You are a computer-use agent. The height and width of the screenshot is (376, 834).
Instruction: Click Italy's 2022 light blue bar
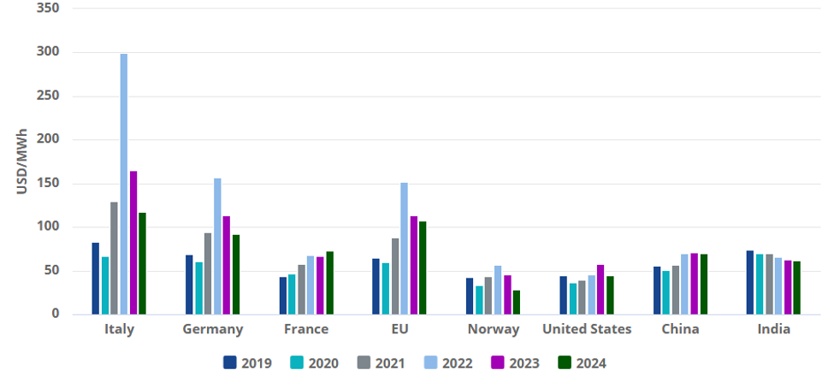124,184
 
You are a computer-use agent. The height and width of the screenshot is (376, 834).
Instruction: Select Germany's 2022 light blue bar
217,246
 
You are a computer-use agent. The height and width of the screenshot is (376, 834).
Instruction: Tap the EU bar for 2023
414,265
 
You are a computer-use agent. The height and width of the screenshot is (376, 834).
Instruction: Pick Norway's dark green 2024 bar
517,303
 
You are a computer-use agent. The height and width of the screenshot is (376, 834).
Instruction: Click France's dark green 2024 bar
330,283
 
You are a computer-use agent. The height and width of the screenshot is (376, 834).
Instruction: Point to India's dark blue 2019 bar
750,283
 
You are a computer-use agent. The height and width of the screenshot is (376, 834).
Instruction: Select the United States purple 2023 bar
600,290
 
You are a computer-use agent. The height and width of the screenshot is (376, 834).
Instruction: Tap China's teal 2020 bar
666,292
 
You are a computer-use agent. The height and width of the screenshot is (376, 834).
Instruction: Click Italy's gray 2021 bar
115,258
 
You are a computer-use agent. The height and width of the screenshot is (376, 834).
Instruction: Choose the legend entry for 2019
247,363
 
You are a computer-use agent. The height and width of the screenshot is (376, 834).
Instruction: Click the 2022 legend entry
448,363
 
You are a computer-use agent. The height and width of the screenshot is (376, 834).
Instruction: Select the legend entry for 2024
582,363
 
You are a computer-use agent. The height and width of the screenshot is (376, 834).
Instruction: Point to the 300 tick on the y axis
48,53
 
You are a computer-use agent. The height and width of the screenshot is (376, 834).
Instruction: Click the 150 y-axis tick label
48,184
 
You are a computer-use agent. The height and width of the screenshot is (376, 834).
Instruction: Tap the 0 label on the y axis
56,314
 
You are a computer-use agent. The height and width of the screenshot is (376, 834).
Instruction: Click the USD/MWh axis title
21,162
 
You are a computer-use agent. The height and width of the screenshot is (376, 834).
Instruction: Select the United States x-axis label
587,329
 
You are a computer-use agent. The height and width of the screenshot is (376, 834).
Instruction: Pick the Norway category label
493,329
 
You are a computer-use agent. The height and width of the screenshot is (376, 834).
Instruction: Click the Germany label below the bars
213,329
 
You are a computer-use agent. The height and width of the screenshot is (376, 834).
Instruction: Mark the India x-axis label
774,329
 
